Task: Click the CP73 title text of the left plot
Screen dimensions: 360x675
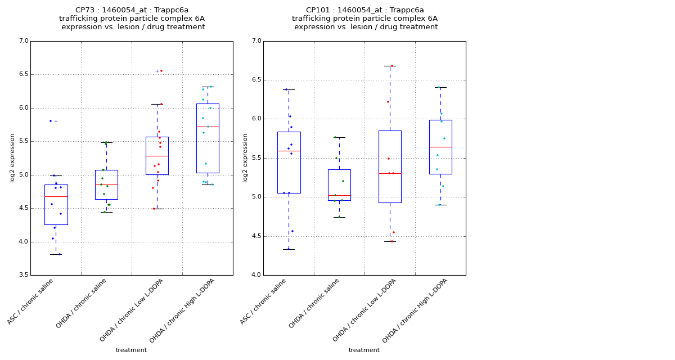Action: click(x=132, y=10)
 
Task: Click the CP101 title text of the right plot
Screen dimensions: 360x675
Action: click(x=364, y=10)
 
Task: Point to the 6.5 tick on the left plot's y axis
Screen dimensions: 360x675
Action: click(x=23, y=74)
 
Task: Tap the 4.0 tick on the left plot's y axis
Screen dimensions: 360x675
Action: click(x=23, y=242)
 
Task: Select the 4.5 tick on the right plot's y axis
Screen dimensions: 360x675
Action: click(x=256, y=236)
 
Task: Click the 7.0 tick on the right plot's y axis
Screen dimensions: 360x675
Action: click(x=256, y=41)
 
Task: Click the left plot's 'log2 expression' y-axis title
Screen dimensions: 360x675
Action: click(x=12, y=157)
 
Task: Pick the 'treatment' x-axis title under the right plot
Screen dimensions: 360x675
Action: click(x=364, y=350)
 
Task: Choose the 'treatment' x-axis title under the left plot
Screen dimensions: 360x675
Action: click(x=131, y=350)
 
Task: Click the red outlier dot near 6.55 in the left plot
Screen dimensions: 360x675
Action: click(x=161, y=71)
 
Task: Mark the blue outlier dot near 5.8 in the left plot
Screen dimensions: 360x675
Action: click(x=50, y=121)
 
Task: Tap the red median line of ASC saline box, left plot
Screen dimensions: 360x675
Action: click(x=56, y=196)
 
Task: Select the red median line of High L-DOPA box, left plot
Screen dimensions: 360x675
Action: click(x=208, y=127)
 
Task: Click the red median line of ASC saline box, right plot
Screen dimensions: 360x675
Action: click(x=289, y=151)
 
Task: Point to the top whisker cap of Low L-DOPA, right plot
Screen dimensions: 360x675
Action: click(x=390, y=66)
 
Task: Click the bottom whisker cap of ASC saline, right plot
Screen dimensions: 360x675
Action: click(x=289, y=249)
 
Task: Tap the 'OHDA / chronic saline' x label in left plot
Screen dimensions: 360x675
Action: click(x=82, y=304)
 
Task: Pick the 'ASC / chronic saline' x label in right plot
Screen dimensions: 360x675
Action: click(x=264, y=301)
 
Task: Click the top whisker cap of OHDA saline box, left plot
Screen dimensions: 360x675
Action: click(x=106, y=142)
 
